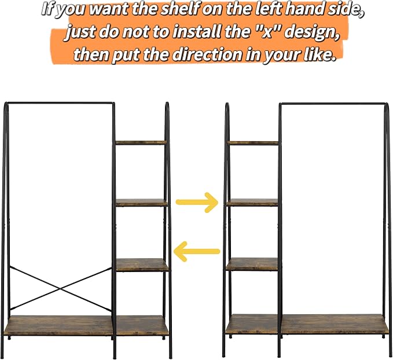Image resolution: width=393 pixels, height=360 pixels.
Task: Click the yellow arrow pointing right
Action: [197, 203]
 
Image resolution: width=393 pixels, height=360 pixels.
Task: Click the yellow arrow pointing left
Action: [197, 251]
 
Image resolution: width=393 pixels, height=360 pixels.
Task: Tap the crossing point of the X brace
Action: [61, 289]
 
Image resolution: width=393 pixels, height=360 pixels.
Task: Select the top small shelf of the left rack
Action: [141, 142]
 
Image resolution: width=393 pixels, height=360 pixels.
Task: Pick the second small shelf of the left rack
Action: [142, 203]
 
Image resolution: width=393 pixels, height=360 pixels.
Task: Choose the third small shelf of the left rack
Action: [142, 265]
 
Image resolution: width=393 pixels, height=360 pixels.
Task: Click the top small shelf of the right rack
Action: [253, 143]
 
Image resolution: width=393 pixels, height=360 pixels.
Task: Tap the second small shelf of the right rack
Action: [252, 203]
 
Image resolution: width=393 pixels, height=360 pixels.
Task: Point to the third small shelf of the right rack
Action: [252, 265]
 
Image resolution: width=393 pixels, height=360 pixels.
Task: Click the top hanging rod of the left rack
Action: [60, 103]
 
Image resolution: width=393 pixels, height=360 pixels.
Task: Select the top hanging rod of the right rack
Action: [333, 104]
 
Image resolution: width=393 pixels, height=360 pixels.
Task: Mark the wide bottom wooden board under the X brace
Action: [59, 325]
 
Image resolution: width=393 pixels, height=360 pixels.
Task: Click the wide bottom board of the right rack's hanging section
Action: [335, 324]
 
